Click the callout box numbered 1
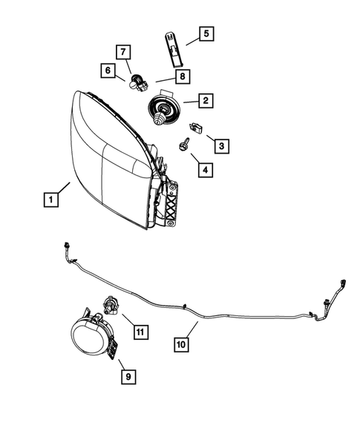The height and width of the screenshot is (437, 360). click(x=50, y=200)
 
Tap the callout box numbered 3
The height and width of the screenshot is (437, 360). click(x=221, y=145)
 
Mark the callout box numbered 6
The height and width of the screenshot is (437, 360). click(x=108, y=71)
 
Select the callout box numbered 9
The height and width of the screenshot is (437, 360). click(x=128, y=377)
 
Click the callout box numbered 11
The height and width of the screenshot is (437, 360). click(x=140, y=332)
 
